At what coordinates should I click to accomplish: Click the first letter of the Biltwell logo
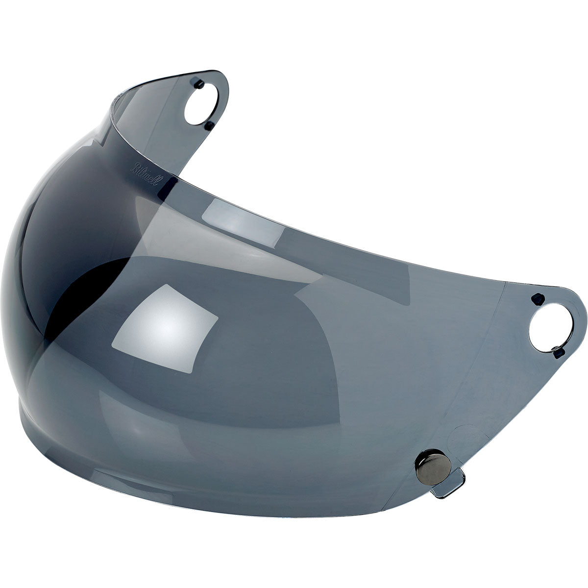click(132, 165)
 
